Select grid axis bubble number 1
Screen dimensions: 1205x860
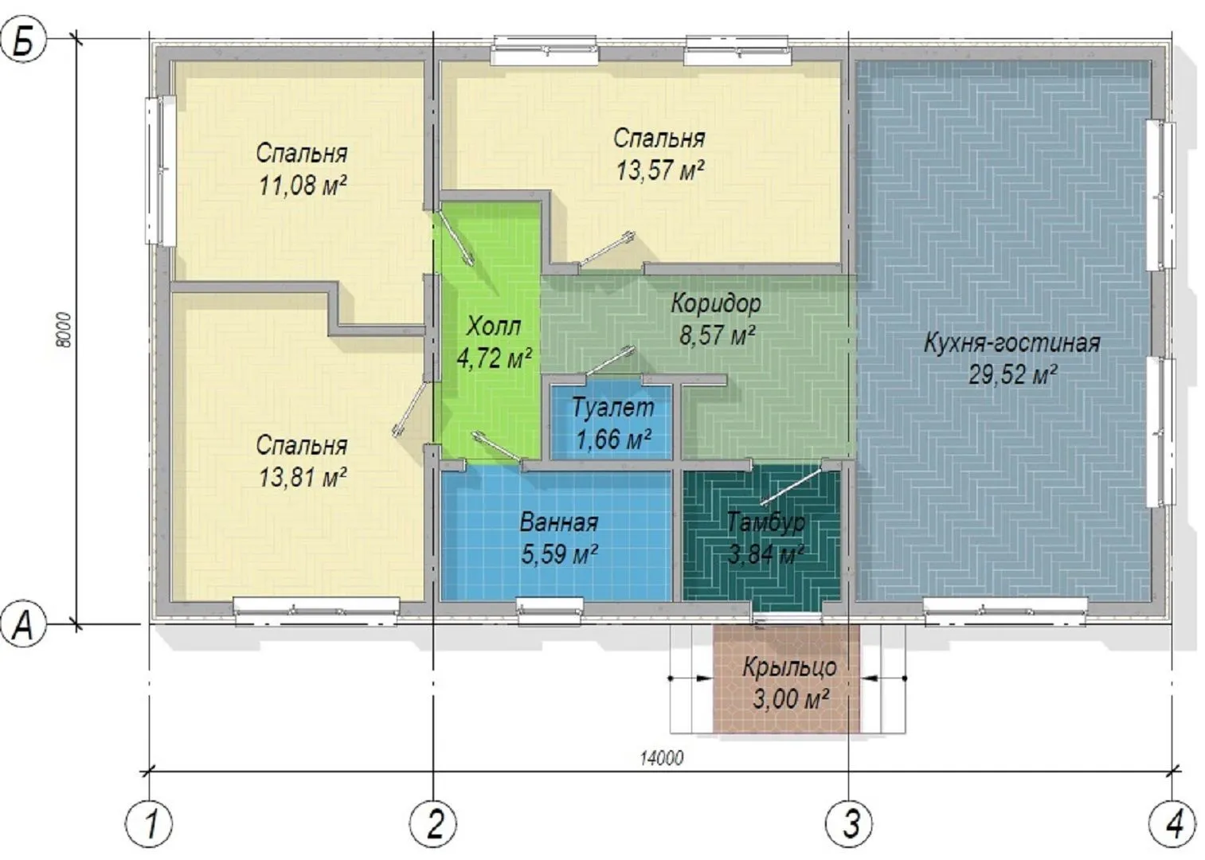149,824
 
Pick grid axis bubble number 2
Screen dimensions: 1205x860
433,824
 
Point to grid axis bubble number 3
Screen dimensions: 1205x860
849,824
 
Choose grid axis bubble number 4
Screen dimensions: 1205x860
1172,824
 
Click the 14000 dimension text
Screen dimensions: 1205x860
662,758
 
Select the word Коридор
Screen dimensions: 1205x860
716,304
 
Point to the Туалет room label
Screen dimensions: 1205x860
612,407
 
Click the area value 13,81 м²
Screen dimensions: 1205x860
303,477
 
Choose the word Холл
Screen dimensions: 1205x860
494,326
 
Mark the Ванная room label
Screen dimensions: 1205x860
559,522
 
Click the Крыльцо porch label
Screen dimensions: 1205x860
790,667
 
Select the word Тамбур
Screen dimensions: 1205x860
766,522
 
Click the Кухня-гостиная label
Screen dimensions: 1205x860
1012,342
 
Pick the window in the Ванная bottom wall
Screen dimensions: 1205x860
550,611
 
